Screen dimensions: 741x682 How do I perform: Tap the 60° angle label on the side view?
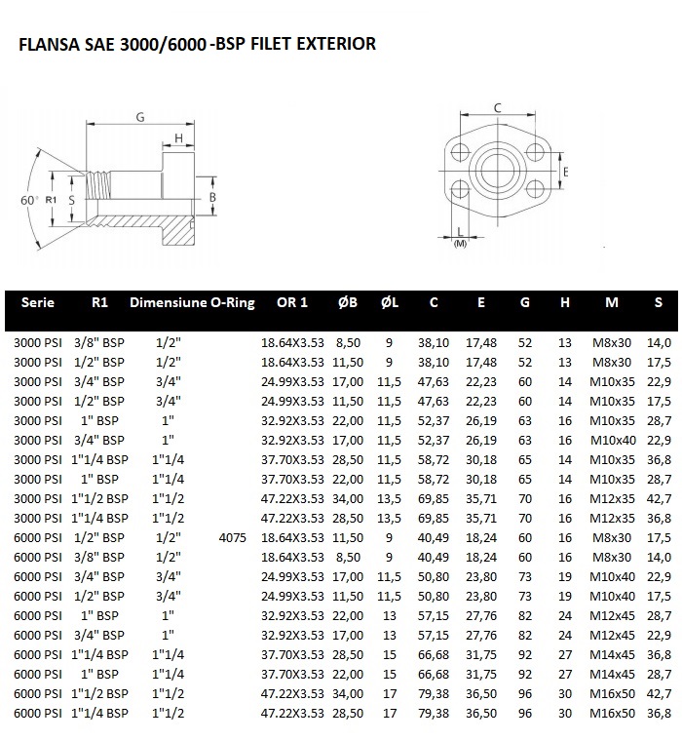click(29, 199)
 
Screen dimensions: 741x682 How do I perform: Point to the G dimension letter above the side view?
click(140, 117)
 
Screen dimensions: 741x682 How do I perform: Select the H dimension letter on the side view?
click(179, 137)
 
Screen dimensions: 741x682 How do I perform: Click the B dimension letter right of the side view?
click(212, 198)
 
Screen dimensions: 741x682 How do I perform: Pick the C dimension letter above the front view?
click(497, 107)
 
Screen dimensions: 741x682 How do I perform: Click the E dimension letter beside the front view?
click(566, 172)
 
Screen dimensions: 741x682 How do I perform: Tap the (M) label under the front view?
click(461, 244)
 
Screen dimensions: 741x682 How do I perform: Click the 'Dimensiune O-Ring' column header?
click(192, 303)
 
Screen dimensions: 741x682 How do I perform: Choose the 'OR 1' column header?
click(291, 303)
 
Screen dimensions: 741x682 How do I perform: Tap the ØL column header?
click(389, 303)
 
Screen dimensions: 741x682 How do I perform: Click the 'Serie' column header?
click(37, 303)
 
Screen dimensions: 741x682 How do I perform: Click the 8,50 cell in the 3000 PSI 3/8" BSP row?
click(348, 342)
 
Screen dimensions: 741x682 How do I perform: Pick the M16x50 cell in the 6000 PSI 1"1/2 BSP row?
click(612, 694)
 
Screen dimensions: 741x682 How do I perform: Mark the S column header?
click(659, 303)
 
